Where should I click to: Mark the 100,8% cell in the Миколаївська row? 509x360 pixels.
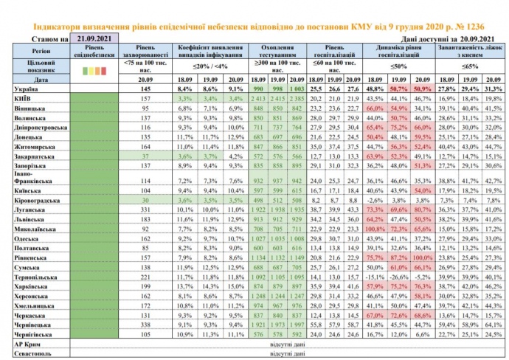coord(374,229)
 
